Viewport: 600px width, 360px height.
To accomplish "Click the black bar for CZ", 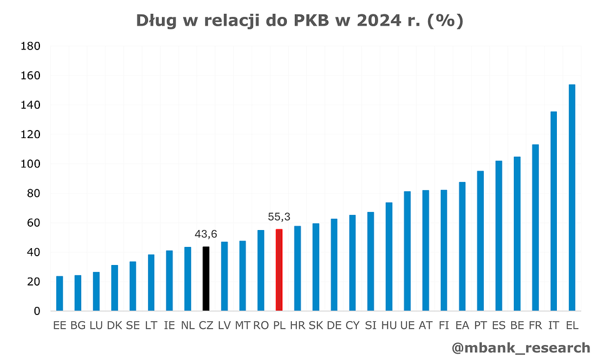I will click(206, 279).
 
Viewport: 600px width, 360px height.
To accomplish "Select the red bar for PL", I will click(279, 270).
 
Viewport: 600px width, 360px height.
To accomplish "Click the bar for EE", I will click(59, 294).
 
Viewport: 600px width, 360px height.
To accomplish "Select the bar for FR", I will click(535, 227).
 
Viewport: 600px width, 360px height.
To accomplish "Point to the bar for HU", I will click(389, 257).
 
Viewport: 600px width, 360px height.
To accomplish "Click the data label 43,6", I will click(206, 234).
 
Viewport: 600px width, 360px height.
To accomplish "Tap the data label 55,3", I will click(279, 216).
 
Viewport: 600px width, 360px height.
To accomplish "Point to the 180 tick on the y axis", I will click(32, 46).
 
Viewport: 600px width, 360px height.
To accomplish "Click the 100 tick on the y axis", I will click(32, 164).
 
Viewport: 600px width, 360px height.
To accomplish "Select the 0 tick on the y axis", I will click(36, 311).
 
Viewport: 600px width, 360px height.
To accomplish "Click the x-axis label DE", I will click(334, 325).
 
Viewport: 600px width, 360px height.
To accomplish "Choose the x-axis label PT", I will click(481, 325).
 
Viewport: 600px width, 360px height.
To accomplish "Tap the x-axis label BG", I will click(78, 325).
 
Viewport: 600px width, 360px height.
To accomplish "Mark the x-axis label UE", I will click(407, 325).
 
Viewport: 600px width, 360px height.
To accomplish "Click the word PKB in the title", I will click(311, 21).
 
